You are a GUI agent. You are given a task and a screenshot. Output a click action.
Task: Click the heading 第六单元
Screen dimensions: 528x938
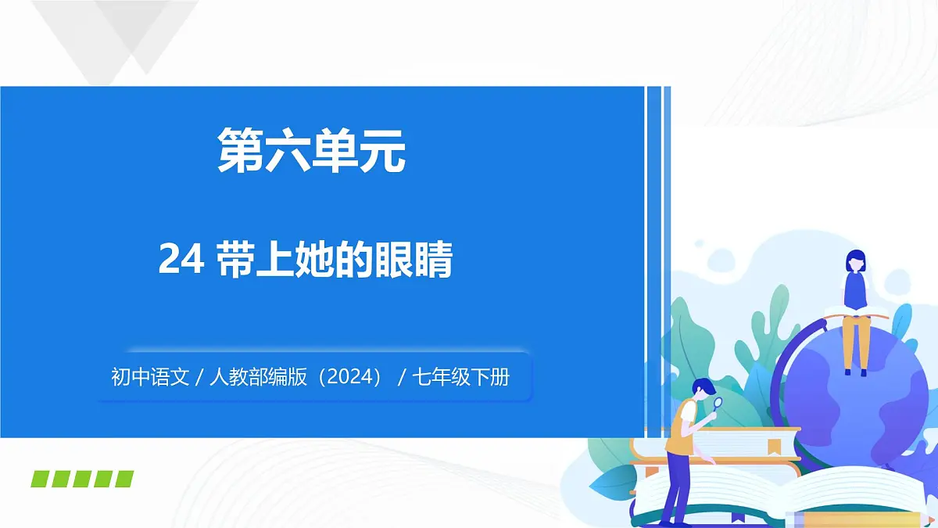click(x=311, y=150)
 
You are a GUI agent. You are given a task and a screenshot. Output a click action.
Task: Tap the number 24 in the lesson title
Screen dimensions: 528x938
click(x=181, y=260)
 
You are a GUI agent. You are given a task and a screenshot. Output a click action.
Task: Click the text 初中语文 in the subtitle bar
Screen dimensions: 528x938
click(x=150, y=378)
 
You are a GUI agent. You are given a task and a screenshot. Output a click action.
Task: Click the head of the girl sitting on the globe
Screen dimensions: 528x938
click(x=856, y=261)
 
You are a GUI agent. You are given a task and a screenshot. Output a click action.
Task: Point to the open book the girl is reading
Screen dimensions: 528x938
click(x=856, y=314)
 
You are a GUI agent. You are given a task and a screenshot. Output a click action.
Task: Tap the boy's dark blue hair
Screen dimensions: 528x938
click(x=702, y=386)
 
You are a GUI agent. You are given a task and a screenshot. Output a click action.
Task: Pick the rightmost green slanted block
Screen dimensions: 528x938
click(x=124, y=479)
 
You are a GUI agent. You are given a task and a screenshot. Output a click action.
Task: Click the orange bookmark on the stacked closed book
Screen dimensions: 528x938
click(x=774, y=447)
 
